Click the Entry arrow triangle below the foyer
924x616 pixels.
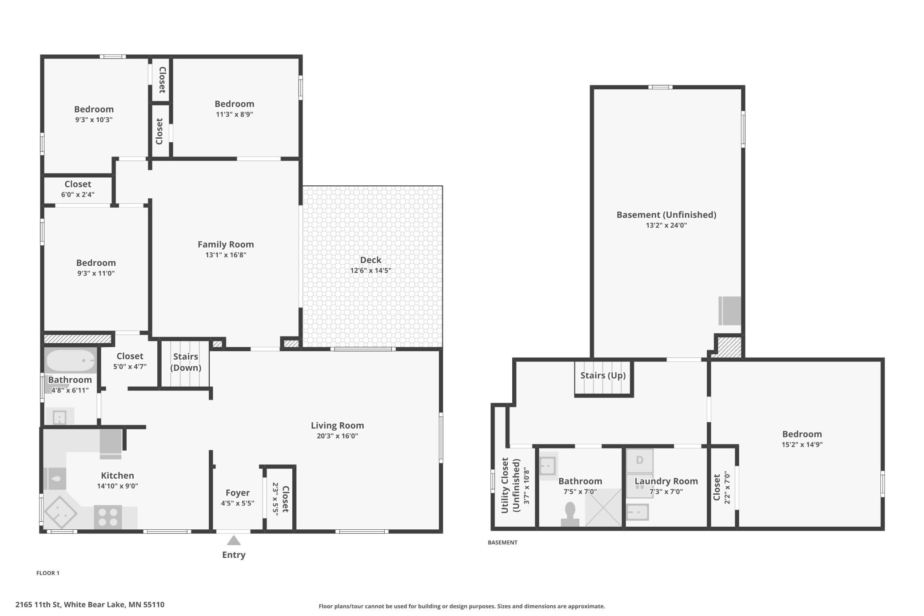click(234, 540)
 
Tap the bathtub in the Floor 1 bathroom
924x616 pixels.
click(70, 360)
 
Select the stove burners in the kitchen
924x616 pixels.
click(108, 517)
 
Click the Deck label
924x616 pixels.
click(371, 260)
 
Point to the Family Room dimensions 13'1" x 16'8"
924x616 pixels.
click(226, 255)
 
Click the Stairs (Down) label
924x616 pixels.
click(186, 362)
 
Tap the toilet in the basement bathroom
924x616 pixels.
click(570, 515)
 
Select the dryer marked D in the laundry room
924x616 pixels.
click(640, 460)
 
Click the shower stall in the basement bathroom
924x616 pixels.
click(603, 508)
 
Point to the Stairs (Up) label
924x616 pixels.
click(603, 376)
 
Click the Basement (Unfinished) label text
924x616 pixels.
click(666, 215)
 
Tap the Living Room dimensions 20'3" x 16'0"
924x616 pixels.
click(337, 436)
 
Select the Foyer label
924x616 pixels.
click(238, 492)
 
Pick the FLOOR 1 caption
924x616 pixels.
click(48, 573)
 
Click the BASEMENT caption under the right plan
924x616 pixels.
click(502, 542)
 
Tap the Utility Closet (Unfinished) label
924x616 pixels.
click(510, 485)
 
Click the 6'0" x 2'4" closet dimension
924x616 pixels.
click(78, 194)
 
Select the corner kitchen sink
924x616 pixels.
click(61, 513)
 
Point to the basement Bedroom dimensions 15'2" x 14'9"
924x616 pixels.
click(802, 444)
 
